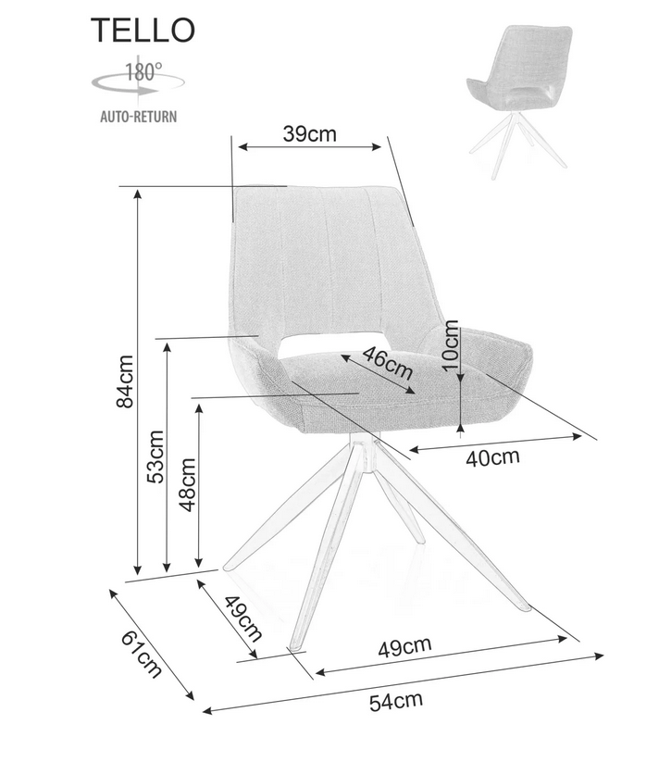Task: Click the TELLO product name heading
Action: tap(143, 30)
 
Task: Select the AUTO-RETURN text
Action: tap(139, 117)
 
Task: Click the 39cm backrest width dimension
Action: tap(309, 133)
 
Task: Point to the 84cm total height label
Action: tap(125, 381)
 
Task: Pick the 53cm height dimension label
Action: tap(155, 456)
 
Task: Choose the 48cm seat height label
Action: tap(187, 485)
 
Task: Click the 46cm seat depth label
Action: tap(388, 363)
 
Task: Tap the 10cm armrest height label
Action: tap(450, 345)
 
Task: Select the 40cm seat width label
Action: tap(492, 457)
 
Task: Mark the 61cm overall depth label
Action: tap(142, 654)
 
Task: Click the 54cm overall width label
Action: tap(396, 701)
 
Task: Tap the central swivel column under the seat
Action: tap(362, 452)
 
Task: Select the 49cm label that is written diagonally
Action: tap(242, 618)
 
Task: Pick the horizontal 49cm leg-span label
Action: tap(405, 647)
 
